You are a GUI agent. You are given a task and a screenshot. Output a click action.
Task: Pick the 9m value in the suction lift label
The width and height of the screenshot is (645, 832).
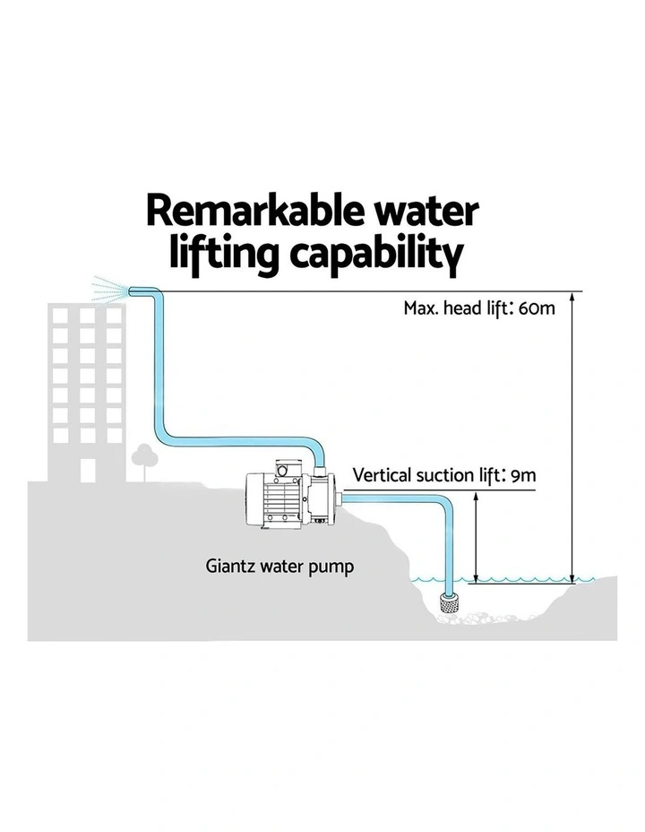(524, 475)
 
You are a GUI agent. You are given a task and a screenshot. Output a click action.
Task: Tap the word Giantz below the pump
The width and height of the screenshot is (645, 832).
(230, 567)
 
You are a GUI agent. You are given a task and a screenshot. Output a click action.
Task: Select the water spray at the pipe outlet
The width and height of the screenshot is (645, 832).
(109, 290)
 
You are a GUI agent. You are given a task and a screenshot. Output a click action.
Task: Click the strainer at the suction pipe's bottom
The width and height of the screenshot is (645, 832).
(450, 604)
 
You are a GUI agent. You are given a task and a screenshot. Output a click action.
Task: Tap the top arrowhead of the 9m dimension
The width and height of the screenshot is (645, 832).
(476, 498)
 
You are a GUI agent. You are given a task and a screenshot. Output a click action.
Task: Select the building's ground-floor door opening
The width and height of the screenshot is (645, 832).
(88, 471)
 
